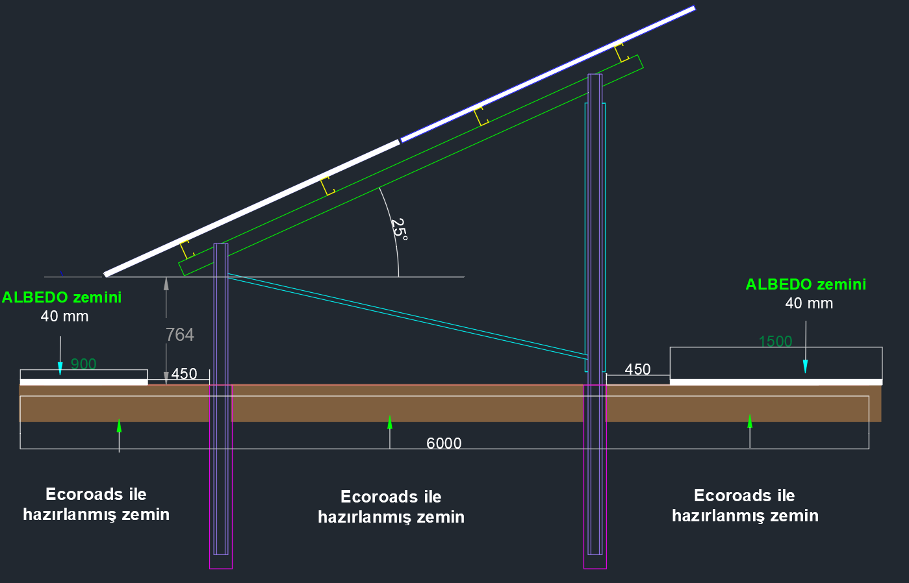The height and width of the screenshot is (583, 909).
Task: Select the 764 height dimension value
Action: click(179, 334)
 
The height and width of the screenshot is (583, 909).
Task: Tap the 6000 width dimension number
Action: click(444, 443)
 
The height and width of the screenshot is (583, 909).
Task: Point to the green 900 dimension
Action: click(83, 364)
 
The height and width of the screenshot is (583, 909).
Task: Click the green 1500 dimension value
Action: click(775, 341)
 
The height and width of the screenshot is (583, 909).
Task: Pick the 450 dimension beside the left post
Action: click(184, 375)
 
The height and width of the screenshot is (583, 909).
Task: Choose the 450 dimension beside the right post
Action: click(637, 369)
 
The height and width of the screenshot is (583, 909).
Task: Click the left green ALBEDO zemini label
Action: click(62, 297)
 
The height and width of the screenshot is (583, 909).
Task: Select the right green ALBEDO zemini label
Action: click(806, 284)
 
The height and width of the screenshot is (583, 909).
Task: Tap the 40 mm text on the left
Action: click(64, 316)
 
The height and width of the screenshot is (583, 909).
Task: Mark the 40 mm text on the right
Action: click(809, 303)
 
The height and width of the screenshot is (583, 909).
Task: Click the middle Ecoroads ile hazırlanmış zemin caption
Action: click(391, 506)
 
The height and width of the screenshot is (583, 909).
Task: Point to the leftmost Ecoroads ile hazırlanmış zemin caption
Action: click(96, 504)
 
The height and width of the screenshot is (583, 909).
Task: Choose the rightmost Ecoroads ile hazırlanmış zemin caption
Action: click(745, 505)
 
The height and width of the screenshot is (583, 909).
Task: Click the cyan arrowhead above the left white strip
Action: click(60, 368)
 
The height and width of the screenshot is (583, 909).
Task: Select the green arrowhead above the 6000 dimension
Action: click(390, 422)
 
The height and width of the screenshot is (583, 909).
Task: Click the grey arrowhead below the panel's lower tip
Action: click(166, 283)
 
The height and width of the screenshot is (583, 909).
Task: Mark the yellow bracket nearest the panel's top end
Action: click(622, 52)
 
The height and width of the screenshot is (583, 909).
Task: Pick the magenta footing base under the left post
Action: click(221, 562)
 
